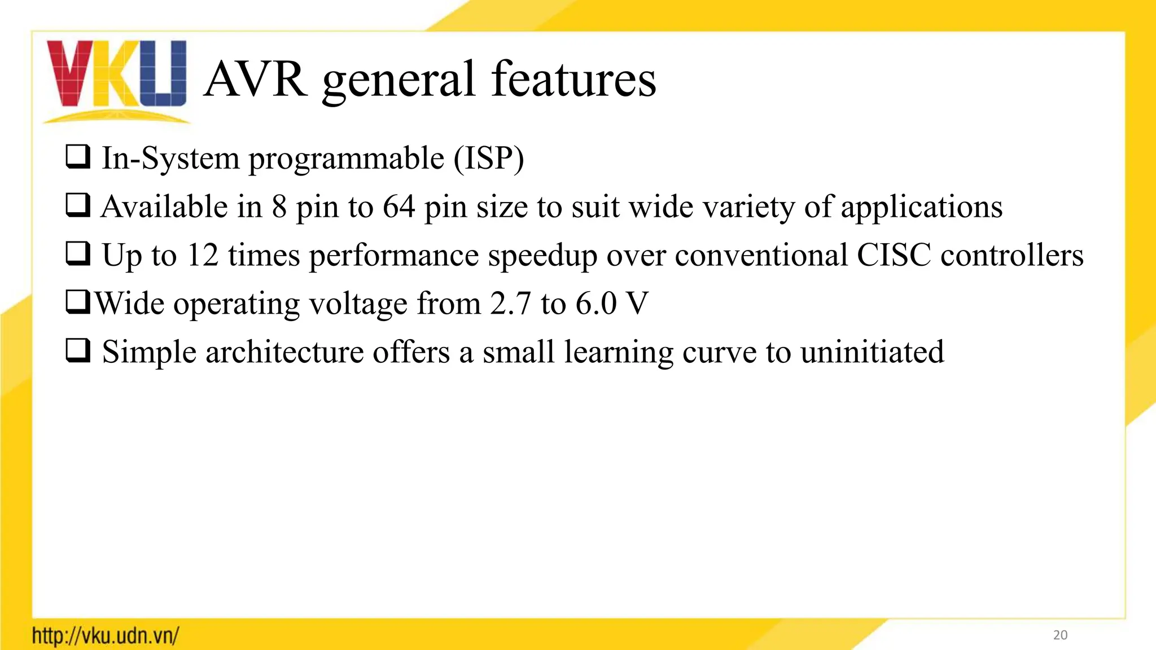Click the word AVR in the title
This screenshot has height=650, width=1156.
tap(256, 80)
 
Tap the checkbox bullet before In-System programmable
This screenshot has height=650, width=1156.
tap(78, 157)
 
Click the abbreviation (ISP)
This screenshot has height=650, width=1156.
tap(489, 158)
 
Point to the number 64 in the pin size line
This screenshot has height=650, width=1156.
tap(399, 207)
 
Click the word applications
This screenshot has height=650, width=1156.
tap(921, 208)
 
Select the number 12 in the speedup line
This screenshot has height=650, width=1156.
tap(202, 255)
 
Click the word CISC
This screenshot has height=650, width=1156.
tap(893, 255)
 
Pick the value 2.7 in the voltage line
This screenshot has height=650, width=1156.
tap(510, 304)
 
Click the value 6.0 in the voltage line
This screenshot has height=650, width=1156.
tap(596, 304)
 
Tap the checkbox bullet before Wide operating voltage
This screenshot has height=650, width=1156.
tap(78, 302)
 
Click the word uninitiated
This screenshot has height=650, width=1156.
tap(872, 352)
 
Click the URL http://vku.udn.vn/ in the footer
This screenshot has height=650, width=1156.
tap(106, 636)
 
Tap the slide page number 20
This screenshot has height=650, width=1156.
tap(1060, 635)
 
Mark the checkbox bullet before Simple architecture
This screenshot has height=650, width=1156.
tap(78, 351)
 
